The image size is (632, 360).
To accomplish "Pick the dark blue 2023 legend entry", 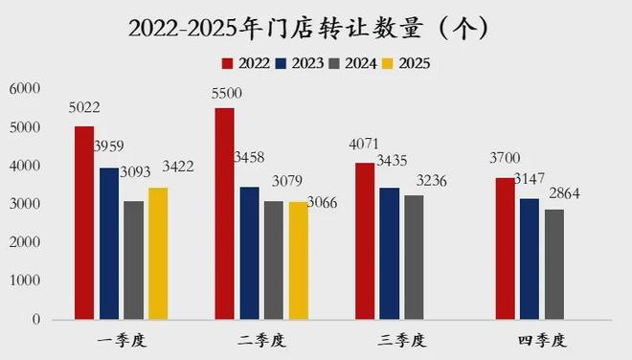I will pos(298,63).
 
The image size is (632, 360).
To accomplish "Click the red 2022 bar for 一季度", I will pos(84,222).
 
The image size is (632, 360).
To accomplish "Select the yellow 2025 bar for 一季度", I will pos(159,253).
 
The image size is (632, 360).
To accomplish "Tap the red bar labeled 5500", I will pos(224,213).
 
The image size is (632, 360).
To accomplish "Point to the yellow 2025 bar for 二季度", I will pos(299,259).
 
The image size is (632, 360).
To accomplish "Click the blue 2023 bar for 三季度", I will pos(389,253).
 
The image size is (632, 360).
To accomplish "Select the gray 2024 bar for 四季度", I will pos(553,264).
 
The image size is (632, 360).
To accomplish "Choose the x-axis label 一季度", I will pos(122,340).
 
